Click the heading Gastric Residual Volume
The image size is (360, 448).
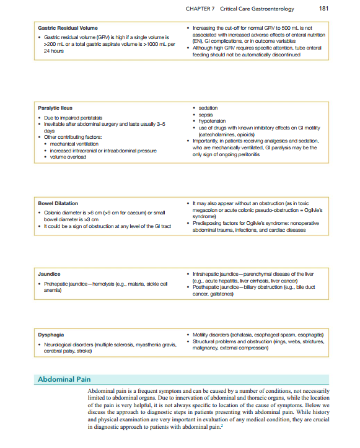[x=68, y=28]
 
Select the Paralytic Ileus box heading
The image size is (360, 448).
[x=55, y=108]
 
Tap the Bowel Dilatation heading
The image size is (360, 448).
[x=58, y=203]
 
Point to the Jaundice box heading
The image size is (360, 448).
[x=48, y=272]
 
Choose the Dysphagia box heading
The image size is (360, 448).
[x=51, y=335]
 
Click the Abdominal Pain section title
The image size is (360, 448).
[x=64, y=379]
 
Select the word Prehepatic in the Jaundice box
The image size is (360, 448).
[x=56, y=284]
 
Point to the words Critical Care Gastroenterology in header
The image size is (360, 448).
[x=259, y=9]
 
